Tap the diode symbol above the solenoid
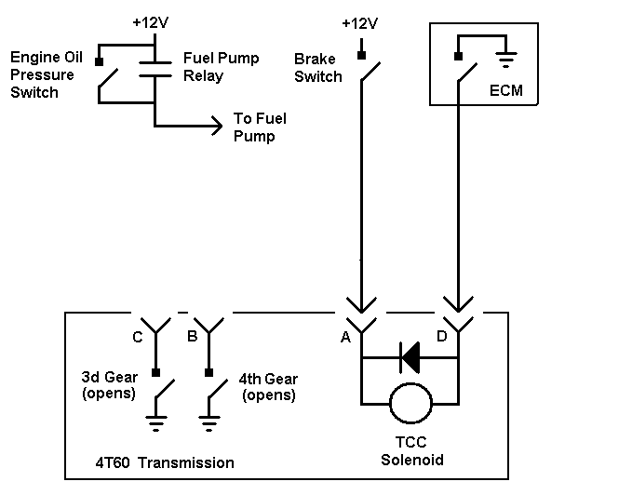(410, 357)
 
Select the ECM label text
(505, 90)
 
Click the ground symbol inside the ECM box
(506, 60)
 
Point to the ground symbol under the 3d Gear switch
(156, 423)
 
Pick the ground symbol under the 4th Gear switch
(208, 423)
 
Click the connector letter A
(345, 337)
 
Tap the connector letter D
(442, 336)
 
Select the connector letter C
(138, 337)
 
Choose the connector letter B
(193, 336)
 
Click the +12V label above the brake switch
(360, 24)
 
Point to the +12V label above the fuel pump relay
(151, 22)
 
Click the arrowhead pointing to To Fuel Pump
(218, 126)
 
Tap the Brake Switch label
(318, 68)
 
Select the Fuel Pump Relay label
(221, 67)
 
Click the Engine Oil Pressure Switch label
(47, 74)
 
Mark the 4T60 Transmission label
(165, 462)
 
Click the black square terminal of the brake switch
(361, 55)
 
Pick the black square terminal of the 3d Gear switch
(156, 372)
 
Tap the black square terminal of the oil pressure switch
(99, 61)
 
